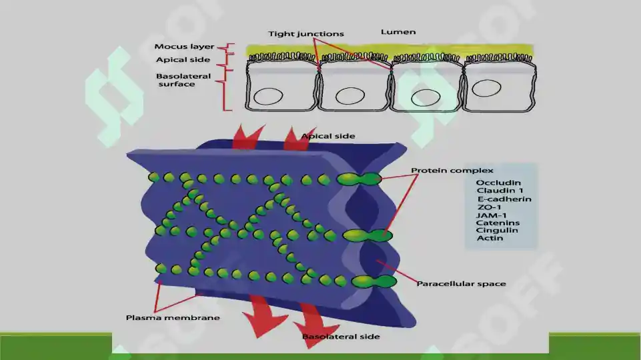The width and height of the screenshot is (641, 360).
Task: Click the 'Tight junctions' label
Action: pyautogui.click(x=305, y=34)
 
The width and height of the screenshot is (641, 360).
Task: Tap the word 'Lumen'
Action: pyautogui.click(x=398, y=32)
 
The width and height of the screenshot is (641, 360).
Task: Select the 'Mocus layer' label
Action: pyautogui.click(x=184, y=47)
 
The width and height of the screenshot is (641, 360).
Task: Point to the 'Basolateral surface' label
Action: pyautogui.click(x=183, y=80)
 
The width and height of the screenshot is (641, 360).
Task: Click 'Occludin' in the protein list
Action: pyautogui.click(x=498, y=183)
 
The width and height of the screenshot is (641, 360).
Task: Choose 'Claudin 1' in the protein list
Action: pyautogui.click(x=500, y=191)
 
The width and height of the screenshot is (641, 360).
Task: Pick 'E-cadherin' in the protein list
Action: pyautogui.click(x=504, y=199)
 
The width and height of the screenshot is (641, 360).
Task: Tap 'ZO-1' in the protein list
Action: pyautogui.click(x=489, y=207)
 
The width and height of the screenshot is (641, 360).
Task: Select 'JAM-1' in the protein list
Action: pyautogui.click(x=492, y=215)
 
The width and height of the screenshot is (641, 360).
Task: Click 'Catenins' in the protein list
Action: pyautogui.click(x=498, y=223)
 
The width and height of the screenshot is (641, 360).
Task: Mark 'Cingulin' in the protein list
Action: pyautogui.click(x=497, y=231)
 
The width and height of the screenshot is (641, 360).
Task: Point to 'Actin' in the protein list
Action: pyautogui.click(x=490, y=238)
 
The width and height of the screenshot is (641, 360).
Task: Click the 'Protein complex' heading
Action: pyautogui.click(x=452, y=171)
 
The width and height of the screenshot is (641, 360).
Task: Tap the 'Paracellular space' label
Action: pyautogui.click(x=461, y=283)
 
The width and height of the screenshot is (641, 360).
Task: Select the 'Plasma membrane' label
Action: pyautogui.click(x=173, y=317)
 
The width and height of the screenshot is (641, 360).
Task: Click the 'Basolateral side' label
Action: pyautogui.click(x=341, y=336)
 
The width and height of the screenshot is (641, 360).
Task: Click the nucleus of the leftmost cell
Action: pyautogui.click(x=268, y=97)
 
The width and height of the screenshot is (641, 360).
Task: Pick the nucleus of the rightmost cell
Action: pyautogui.click(x=486, y=88)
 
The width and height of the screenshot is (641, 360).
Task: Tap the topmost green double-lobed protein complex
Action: pyautogui.click(x=359, y=179)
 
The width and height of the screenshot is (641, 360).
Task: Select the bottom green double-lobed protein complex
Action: pyautogui.click(x=374, y=281)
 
